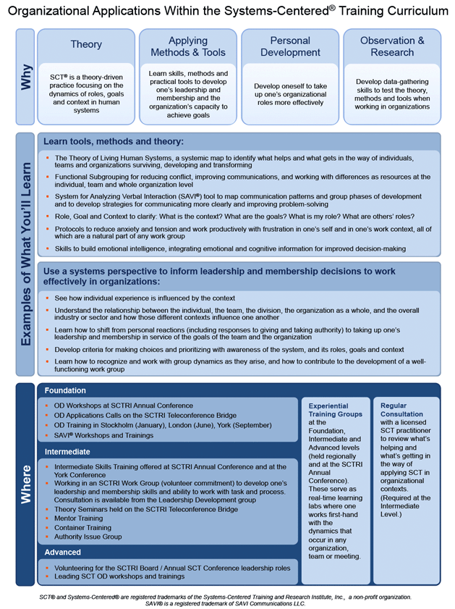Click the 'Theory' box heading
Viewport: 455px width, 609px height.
[86, 45]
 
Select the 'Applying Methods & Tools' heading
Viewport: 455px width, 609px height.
[188, 46]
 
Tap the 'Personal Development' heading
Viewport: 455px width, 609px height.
[290, 46]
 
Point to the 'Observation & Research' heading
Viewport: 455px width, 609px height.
[392, 46]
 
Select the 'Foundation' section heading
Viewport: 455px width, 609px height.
[65, 390]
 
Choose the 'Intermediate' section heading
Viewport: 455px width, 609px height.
[67, 452]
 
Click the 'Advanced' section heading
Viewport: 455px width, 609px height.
[62, 553]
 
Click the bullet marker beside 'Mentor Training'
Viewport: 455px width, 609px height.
[47, 518]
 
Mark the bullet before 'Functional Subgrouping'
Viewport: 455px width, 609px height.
[47, 176]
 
